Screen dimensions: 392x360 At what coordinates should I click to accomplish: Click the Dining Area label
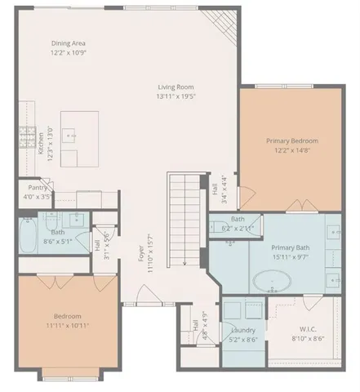pyautogui.click(x=69, y=43)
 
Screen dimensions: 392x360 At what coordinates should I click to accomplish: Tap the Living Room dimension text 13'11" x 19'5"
pyautogui.click(x=177, y=96)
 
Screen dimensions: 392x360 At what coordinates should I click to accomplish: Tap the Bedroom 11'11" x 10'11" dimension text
pyautogui.click(x=69, y=324)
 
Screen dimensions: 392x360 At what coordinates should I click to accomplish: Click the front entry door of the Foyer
pyautogui.click(x=145, y=302)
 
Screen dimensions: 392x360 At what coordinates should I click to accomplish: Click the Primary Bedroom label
pyautogui.click(x=291, y=140)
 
